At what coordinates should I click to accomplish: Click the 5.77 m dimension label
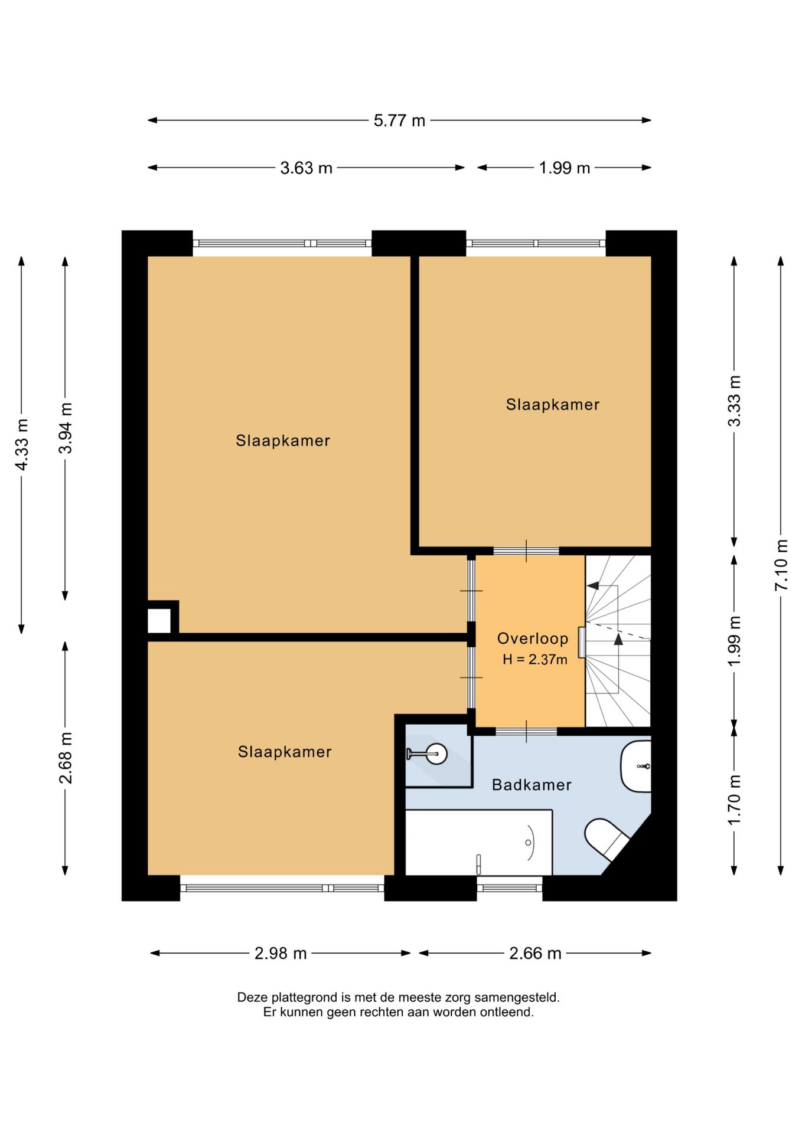(x=399, y=120)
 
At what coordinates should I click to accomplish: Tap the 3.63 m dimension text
(x=306, y=168)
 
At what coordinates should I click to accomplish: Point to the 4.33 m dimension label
(x=21, y=445)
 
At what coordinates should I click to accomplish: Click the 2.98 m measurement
(x=281, y=954)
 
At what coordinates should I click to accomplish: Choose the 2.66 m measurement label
(x=535, y=954)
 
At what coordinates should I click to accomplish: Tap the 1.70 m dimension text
(x=734, y=800)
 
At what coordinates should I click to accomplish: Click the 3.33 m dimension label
(x=734, y=401)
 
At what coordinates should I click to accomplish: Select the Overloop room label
(x=533, y=638)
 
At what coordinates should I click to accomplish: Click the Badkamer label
(x=532, y=785)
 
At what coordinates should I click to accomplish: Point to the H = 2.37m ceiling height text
(x=535, y=660)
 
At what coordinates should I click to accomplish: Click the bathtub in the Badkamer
(x=478, y=842)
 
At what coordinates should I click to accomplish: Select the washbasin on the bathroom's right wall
(x=636, y=766)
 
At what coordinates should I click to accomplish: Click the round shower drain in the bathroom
(x=437, y=754)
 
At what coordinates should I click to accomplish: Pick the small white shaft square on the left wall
(x=159, y=621)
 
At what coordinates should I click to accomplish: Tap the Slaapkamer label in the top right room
(x=553, y=405)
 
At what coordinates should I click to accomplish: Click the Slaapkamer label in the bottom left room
(x=285, y=752)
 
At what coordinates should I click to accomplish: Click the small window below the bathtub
(x=510, y=887)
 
